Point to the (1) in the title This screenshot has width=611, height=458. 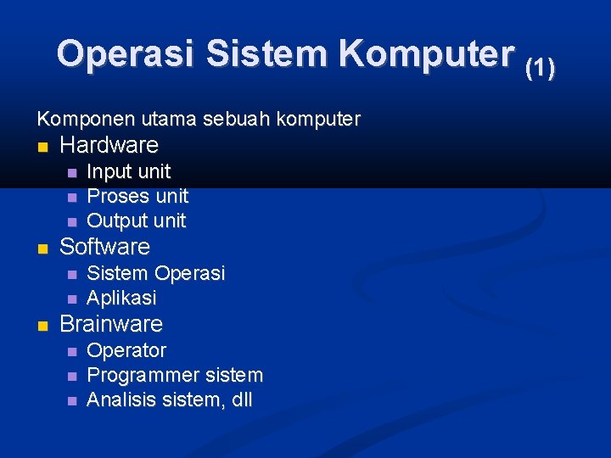point(540,68)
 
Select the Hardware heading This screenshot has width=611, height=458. point(109,145)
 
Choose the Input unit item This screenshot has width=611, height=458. point(129,171)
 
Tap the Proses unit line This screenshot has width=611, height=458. point(137,196)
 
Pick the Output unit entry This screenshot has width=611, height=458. point(137,221)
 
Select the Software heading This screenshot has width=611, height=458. point(104,247)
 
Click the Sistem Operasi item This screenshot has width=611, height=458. point(156,273)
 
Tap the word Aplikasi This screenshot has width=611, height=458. point(122,298)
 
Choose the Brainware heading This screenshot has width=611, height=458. point(111,324)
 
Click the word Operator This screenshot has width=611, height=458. point(126,350)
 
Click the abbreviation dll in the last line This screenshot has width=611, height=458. point(241,399)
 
